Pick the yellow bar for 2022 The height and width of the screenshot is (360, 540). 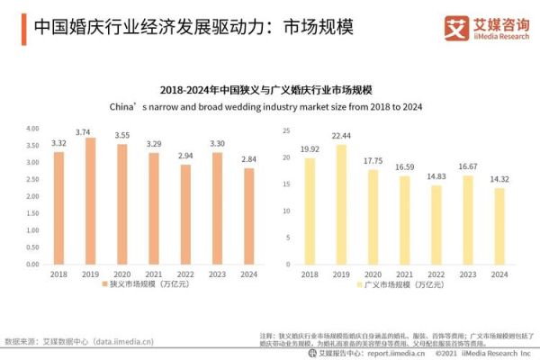[x=436, y=224]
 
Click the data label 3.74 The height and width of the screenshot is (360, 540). [x=91, y=132]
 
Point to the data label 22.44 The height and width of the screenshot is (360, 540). [x=341, y=136]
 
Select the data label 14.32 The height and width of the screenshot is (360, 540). [x=499, y=179]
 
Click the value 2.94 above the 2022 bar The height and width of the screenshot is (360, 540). [x=185, y=156]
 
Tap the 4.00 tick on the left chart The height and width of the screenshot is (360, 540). [x=32, y=128]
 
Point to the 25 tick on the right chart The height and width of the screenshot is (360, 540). [x=285, y=130]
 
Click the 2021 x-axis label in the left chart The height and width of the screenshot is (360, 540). [x=154, y=274]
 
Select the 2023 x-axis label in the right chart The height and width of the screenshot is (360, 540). [x=468, y=274]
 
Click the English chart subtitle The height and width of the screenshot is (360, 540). [x=271, y=106]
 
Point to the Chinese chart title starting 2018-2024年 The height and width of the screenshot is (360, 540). [x=271, y=91]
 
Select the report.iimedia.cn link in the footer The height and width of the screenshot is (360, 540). [x=387, y=353]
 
